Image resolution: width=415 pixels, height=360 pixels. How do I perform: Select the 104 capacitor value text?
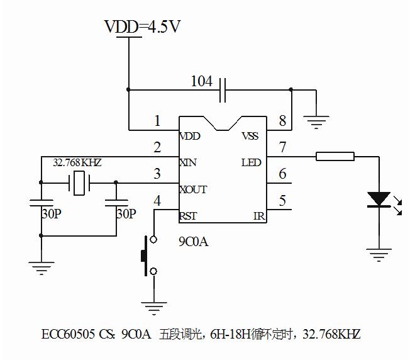201,81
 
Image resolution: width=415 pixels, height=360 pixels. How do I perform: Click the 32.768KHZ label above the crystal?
77,162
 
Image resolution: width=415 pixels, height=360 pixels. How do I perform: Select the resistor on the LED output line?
335,156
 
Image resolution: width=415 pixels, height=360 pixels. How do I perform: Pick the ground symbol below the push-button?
153,308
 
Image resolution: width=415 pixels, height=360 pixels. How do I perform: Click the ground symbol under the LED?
379,254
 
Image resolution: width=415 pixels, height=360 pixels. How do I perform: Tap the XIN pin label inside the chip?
188,163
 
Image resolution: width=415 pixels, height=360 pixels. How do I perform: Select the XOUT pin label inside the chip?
192,189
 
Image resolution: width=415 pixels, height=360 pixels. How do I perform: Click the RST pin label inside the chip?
188,216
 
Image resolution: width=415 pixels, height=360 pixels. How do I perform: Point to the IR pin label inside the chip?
258,216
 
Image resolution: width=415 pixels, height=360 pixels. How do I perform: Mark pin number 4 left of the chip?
157,201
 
